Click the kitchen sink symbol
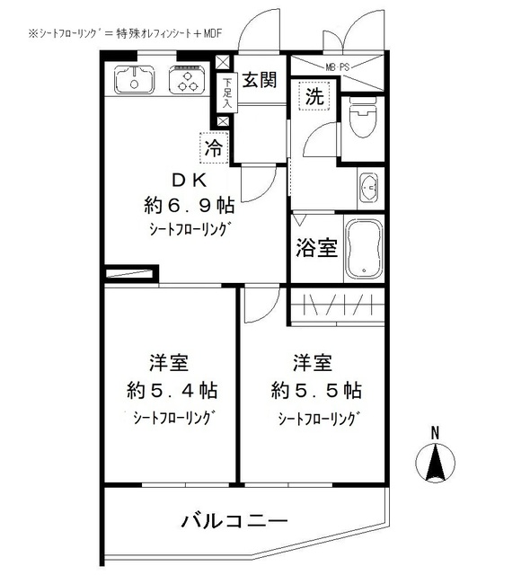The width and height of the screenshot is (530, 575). tap(133, 83)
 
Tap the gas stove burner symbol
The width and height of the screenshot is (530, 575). tap(188, 83)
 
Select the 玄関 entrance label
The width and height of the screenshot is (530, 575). tap(257, 79)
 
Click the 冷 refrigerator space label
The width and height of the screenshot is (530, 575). tap(215, 145)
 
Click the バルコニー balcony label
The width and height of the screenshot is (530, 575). tap(234, 521)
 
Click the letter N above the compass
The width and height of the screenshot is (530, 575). tap(434, 433)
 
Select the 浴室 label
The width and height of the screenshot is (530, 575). tap(316, 247)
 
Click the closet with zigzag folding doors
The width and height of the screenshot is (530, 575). tap(338, 305)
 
